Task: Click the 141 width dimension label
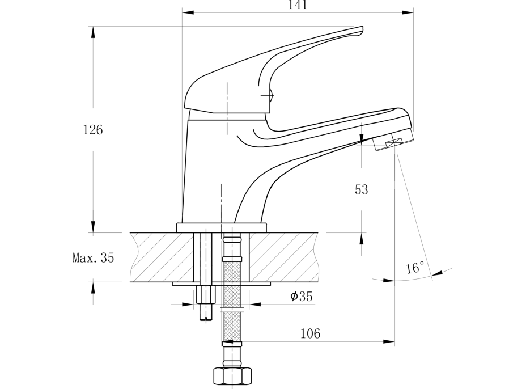(297, 5)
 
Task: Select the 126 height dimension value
(93, 130)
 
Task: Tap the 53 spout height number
(361, 190)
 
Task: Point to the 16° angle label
(415, 268)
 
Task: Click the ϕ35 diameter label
(301, 297)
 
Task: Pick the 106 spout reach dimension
(309, 333)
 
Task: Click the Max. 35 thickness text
(93, 258)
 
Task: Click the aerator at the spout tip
(394, 141)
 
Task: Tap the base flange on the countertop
(221, 228)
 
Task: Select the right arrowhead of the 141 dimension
(409, 12)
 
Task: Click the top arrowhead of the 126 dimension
(93, 31)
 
